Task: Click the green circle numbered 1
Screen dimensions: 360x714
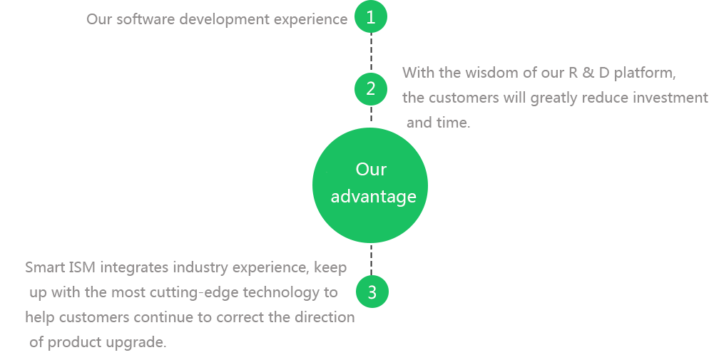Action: click(370, 18)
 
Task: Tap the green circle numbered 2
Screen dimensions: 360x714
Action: click(371, 89)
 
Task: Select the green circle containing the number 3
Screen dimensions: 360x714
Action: click(371, 292)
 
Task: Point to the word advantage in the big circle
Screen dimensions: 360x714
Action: click(373, 197)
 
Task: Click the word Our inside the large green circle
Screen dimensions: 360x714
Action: click(371, 170)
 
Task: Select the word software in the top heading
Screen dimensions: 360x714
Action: click(146, 19)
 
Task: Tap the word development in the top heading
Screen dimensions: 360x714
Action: click(224, 19)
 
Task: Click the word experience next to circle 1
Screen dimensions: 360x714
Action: click(311, 19)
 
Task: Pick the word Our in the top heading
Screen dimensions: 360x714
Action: click(99, 19)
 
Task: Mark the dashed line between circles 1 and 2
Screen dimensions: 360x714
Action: click(371, 53)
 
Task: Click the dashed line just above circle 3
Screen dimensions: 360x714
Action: click(371, 260)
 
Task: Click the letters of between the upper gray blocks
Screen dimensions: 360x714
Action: click(530, 72)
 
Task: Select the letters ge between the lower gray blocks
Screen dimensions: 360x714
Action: click(233, 292)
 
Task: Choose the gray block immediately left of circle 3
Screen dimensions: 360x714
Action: click(296, 306)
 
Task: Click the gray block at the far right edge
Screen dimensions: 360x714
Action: click(621, 96)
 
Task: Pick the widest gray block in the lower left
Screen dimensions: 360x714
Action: click(131, 306)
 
